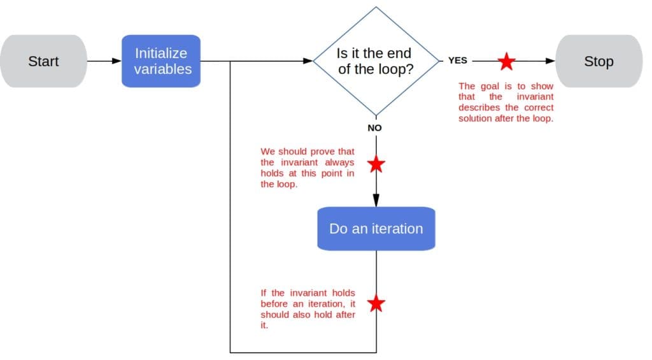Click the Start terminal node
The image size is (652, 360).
click(43, 61)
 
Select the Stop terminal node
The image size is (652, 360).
click(599, 61)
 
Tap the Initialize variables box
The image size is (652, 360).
click(162, 61)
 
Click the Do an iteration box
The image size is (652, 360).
click(376, 229)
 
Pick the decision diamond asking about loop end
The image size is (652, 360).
click(375, 61)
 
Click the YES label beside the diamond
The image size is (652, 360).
click(457, 61)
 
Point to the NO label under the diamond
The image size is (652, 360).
click(375, 128)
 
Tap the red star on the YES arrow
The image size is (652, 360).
click(507, 61)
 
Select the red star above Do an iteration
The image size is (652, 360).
click(376, 164)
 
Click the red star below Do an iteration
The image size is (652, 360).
click(376, 303)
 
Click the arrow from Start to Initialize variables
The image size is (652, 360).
click(104, 61)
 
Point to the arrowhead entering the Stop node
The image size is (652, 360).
click(551, 61)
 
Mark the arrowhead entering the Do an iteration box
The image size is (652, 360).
click(376, 201)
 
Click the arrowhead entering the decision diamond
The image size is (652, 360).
click(308, 61)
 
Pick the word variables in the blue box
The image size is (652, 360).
click(162, 69)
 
